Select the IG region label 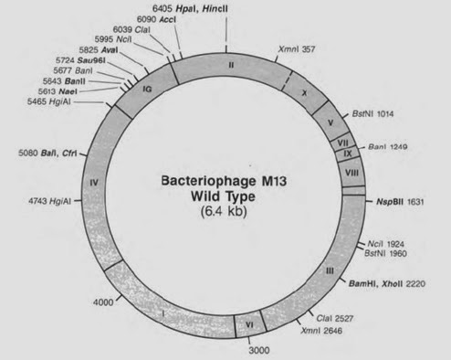(x=146, y=89)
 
